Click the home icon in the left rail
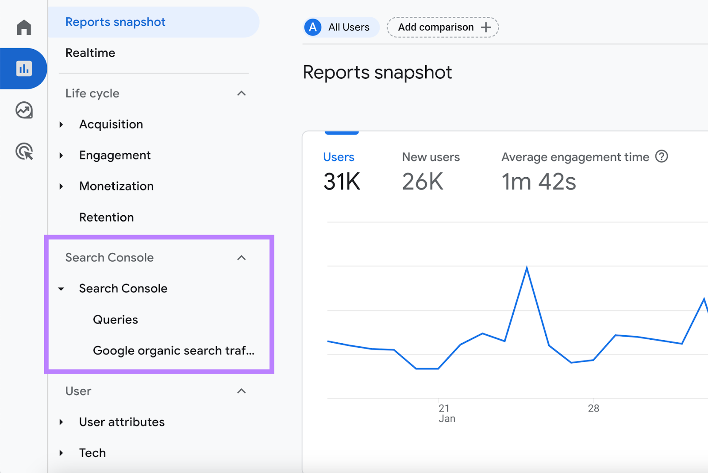[24, 27]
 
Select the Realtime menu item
[90, 53]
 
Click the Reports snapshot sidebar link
[115, 22]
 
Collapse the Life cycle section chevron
[241, 93]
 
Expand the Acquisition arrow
[62, 125]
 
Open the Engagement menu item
[115, 155]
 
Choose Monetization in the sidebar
[116, 186]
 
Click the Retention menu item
[106, 217]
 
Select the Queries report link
[115, 320]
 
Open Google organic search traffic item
[173, 351]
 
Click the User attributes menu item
[122, 422]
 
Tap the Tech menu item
[92, 453]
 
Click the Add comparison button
[442, 27]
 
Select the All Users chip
[341, 27]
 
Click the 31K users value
[342, 182]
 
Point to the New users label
[431, 157]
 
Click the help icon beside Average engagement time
[662, 157]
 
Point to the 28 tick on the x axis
[593, 408]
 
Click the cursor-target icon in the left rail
[24, 151]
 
